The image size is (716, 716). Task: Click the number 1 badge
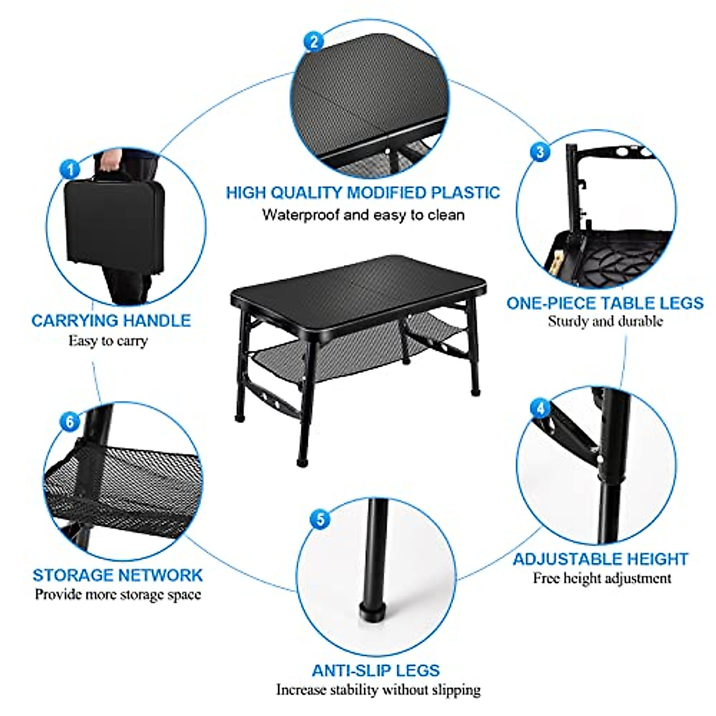(70, 169)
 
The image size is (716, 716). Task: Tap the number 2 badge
(314, 41)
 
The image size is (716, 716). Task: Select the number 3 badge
(540, 152)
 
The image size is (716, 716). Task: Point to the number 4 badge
(541, 409)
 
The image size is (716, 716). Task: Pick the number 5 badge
(320, 519)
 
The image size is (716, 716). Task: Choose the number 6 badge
(70, 422)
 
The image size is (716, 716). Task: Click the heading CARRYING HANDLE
(111, 320)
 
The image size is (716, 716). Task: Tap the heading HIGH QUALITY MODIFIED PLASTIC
(363, 193)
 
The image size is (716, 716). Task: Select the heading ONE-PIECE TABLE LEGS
(604, 303)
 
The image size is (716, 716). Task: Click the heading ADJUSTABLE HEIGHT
(600, 559)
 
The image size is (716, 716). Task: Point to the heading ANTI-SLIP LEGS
(376, 670)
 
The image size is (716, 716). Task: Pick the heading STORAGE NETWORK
(118, 575)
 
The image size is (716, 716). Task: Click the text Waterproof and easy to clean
(363, 215)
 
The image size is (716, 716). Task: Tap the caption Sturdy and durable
(605, 322)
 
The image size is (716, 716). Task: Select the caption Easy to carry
(107, 341)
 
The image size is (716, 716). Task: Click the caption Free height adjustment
(601, 578)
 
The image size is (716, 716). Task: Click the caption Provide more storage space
(118, 595)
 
